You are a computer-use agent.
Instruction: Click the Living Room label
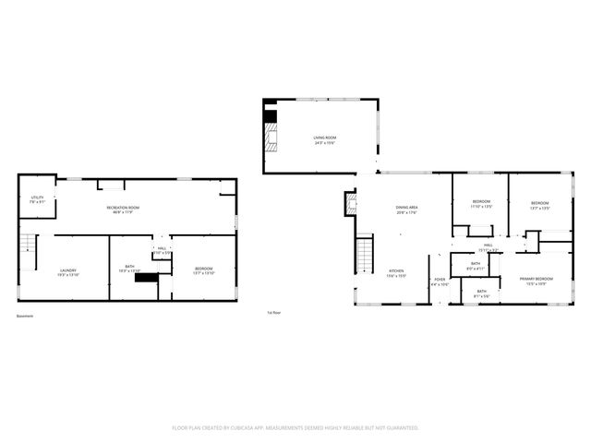click(323, 138)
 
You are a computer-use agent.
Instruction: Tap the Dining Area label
click(407, 208)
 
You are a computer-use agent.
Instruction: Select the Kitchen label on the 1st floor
click(396, 270)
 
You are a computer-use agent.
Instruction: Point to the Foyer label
click(440, 279)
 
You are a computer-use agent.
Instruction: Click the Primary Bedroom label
click(536, 278)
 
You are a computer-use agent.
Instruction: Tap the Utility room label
click(37, 197)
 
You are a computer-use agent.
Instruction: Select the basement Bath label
click(129, 267)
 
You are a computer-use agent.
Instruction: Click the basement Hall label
click(161, 248)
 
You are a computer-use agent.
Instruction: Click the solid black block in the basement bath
click(146, 277)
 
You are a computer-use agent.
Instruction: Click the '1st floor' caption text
click(273, 314)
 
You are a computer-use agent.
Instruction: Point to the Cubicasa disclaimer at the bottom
click(295, 428)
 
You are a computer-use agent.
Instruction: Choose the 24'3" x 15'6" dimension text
click(323, 142)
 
